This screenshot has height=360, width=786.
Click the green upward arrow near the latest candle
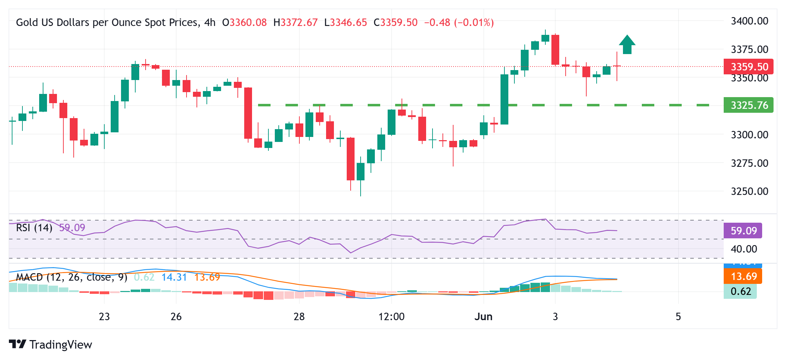(x=627, y=45)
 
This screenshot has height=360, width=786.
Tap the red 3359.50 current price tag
(x=748, y=67)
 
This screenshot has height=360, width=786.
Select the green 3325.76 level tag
(x=748, y=105)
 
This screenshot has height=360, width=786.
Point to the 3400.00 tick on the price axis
(x=749, y=21)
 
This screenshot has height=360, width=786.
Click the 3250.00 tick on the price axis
(x=749, y=191)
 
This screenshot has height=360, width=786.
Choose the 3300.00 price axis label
(x=749, y=135)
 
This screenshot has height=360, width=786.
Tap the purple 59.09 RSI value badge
(x=743, y=231)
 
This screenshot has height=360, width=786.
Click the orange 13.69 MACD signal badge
(x=743, y=276)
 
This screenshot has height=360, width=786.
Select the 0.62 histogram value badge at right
(x=740, y=292)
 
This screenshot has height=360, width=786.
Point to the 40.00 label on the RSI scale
(x=744, y=249)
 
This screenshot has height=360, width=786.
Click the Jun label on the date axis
(x=483, y=317)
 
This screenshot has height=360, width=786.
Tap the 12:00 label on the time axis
(x=391, y=317)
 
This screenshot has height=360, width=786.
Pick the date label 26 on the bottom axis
(x=176, y=317)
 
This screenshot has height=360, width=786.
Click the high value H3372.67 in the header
(x=295, y=23)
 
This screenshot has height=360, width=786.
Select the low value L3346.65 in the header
(x=345, y=23)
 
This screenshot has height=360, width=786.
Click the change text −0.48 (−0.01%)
(x=459, y=23)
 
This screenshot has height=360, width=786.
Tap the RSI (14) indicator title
(x=34, y=228)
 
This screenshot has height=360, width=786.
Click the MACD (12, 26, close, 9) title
(x=71, y=277)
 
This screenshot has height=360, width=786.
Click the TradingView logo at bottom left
(x=50, y=344)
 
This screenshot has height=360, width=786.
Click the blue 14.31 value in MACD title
(x=174, y=277)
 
